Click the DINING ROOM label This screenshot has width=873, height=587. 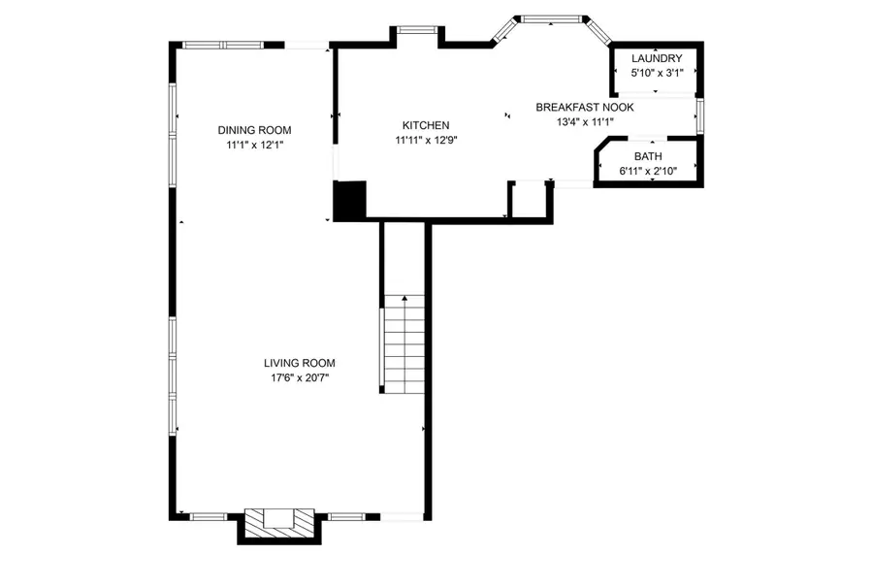pyautogui.click(x=254, y=130)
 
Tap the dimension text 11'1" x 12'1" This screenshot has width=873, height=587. pyautogui.click(x=254, y=145)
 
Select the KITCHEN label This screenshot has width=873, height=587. pyautogui.click(x=426, y=125)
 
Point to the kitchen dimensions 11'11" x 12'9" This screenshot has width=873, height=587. pyautogui.click(x=426, y=140)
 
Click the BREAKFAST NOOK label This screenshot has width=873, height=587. pyautogui.click(x=585, y=108)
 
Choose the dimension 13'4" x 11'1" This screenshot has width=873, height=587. pyautogui.click(x=585, y=122)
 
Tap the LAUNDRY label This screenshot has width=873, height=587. pyautogui.click(x=657, y=59)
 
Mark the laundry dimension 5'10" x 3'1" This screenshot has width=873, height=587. pyautogui.click(x=657, y=73)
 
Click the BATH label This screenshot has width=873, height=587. pyautogui.click(x=647, y=156)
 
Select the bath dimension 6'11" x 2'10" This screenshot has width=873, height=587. pyautogui.click(x=647, y=171)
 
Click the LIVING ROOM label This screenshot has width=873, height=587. pyautogui.click(x=299, y=363)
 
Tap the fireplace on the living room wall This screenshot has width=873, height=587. pyautogui.click(x=278, y=522)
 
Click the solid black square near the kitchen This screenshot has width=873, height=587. pyautogui.click(x=348, y=200)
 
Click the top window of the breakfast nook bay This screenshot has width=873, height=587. pyautogui.click(x=551, y=17)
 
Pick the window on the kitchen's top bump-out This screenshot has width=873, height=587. pyautogui.click(x=417, y=29)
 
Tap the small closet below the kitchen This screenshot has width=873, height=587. pyautogui.click(x=530, y=201)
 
